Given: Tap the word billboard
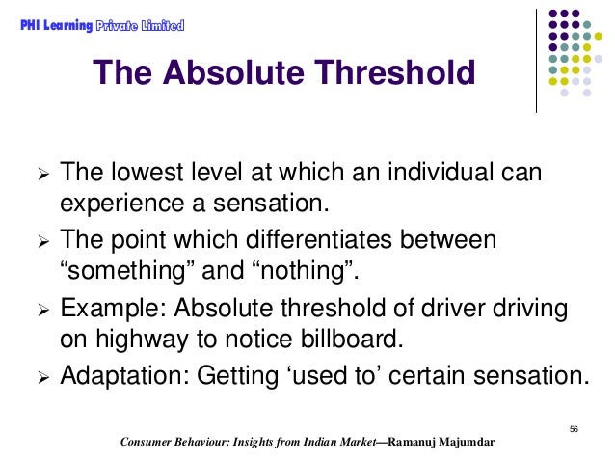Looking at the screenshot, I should tap(354, 338).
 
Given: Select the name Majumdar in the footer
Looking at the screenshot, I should tap(460, 443).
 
